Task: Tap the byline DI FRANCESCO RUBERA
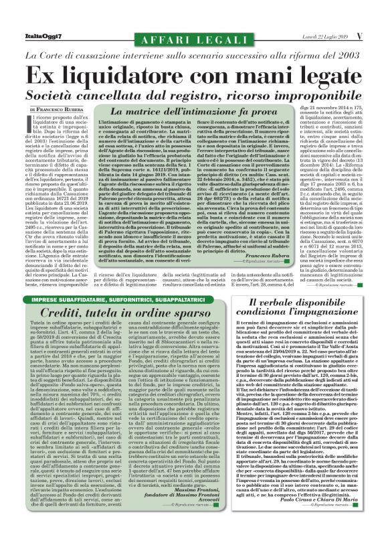57,108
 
